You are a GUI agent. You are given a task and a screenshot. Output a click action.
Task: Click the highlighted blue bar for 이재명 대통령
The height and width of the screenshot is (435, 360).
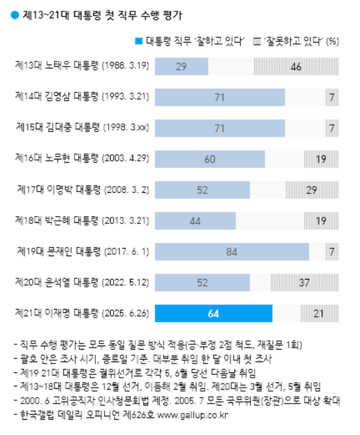pos(213,313)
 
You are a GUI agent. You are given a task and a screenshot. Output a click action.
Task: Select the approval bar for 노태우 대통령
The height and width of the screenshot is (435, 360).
pos(181,66)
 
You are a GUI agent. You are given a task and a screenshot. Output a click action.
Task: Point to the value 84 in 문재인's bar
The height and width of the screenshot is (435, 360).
pos(231,252)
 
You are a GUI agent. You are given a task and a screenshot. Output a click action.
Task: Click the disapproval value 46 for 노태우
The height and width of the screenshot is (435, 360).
pos(297,66)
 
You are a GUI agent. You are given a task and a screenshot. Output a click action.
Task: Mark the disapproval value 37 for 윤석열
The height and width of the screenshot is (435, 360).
pos(303,282)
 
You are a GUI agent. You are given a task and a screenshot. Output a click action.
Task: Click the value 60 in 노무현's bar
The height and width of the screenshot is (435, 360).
pos(210,159)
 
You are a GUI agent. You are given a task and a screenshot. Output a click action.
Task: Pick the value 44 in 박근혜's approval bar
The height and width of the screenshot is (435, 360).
pos(195,220)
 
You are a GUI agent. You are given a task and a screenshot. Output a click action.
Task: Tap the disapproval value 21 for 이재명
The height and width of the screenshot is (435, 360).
pos(319,313)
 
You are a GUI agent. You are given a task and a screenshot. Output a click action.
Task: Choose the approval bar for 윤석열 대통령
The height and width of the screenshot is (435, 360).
pos(201,282)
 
